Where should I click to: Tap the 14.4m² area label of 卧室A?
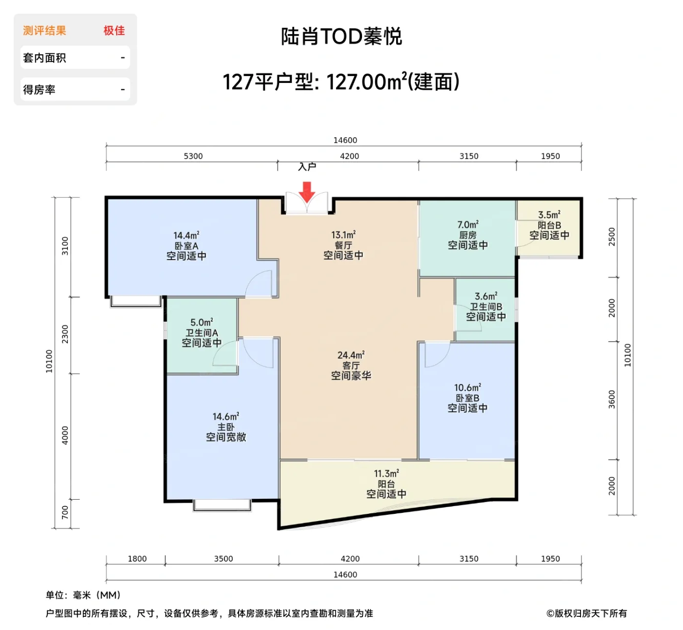coord(186,236)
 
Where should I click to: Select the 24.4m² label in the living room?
coord(350,355)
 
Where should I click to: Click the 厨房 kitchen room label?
coord(467,235)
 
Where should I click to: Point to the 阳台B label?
coord(549,225)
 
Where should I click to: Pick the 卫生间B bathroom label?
coord(485,307)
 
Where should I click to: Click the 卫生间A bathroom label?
coord(201,333)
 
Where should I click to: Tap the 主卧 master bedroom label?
coord(225,427)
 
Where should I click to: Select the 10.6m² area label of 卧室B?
coord(467,388)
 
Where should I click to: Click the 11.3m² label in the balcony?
coord(386,474)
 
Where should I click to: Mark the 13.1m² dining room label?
coord(343,235)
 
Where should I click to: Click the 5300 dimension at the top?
coord(193,156)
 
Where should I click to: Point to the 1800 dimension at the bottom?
coord(137,559)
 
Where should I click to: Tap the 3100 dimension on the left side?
coord(65,246)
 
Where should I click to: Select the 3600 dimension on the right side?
coord(612,400)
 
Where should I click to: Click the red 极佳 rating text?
coord(114,31)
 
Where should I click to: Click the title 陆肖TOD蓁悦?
coord(341,37)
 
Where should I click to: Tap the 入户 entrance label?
coord(307,167)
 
